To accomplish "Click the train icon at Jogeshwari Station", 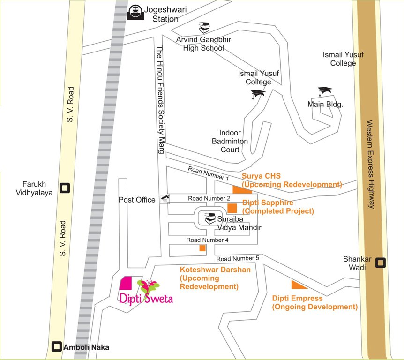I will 135,12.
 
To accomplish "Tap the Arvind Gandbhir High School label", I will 200,44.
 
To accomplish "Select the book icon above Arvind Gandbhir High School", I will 204,27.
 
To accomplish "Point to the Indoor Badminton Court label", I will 230,141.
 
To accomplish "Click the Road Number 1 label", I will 208,173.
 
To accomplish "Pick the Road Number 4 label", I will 207,240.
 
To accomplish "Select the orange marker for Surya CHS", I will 242,188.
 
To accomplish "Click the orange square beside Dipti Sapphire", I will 232,209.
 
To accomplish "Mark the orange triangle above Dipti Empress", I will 298,285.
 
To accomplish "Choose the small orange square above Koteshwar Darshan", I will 202,248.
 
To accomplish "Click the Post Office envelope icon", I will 165,199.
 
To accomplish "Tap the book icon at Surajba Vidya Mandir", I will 209,218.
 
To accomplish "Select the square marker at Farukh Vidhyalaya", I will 65,188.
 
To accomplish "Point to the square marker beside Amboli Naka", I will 57,347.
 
